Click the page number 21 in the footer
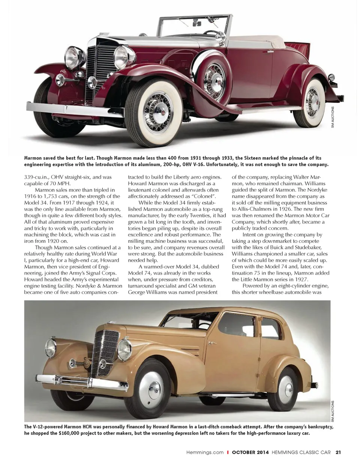tap(338, 452)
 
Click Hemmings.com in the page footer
tap(205, 452)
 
